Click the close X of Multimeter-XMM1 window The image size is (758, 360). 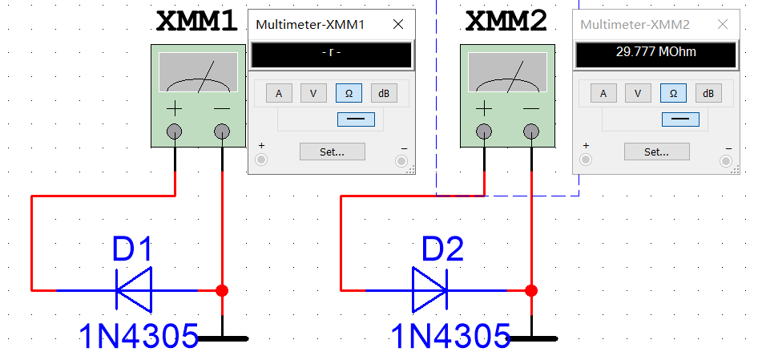tap(397, 25)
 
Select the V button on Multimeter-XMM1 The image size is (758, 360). tap(313, 93)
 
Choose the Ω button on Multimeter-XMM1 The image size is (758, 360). tap(349, 93)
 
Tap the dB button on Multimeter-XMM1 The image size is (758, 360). tap(384, 93)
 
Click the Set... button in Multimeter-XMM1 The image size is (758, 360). tap(332, 151)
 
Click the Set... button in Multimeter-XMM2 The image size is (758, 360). tap(656, 151)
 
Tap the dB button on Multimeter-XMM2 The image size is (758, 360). tap(708, 93)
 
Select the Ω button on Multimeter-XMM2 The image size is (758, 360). tap(673, 93)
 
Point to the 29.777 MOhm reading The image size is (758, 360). tap(655, 54)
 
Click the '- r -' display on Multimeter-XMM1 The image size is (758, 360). tap(331, 54)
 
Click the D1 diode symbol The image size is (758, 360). tap(134, 289)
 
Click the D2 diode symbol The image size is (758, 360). tap(430, 289)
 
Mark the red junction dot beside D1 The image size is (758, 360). tap(222, 290)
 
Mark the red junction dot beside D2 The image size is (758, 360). tap(530, 290)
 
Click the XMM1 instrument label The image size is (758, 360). tap(196, 22)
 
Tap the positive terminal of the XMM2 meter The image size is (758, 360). tap(484, 131)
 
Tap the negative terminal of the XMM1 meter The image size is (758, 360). tap(221, 131)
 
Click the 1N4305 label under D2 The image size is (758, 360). tap(451, 335)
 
